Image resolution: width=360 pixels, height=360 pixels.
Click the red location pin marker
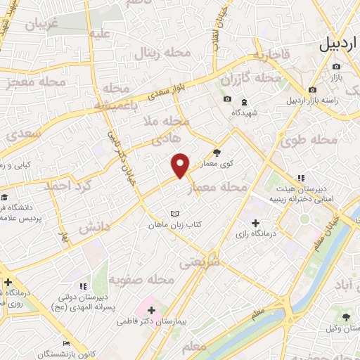(181, 165)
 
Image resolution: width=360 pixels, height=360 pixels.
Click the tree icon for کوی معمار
(217, 151)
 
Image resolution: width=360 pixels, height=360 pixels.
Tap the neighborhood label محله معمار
(224, 187)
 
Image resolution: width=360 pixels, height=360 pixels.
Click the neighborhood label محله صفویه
(147, 280)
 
